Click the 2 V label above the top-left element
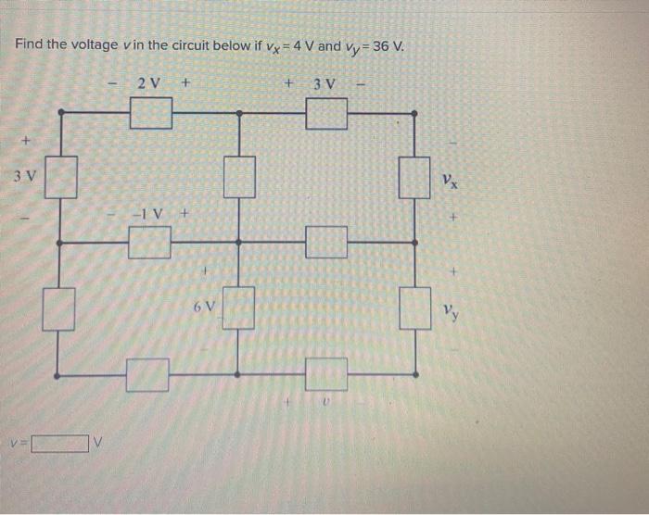coord(148,84)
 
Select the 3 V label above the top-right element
coord(325,85)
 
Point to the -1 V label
coord(148,214)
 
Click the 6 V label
coord(205,305)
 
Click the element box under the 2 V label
coord(150,114)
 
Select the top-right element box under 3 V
coord(326,114)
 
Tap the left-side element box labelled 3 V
coord(61,177)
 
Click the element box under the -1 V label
coord(148,243)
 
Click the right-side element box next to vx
coord(414,177)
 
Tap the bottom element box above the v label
coord(326,374)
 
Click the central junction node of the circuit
coord(238,242)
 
